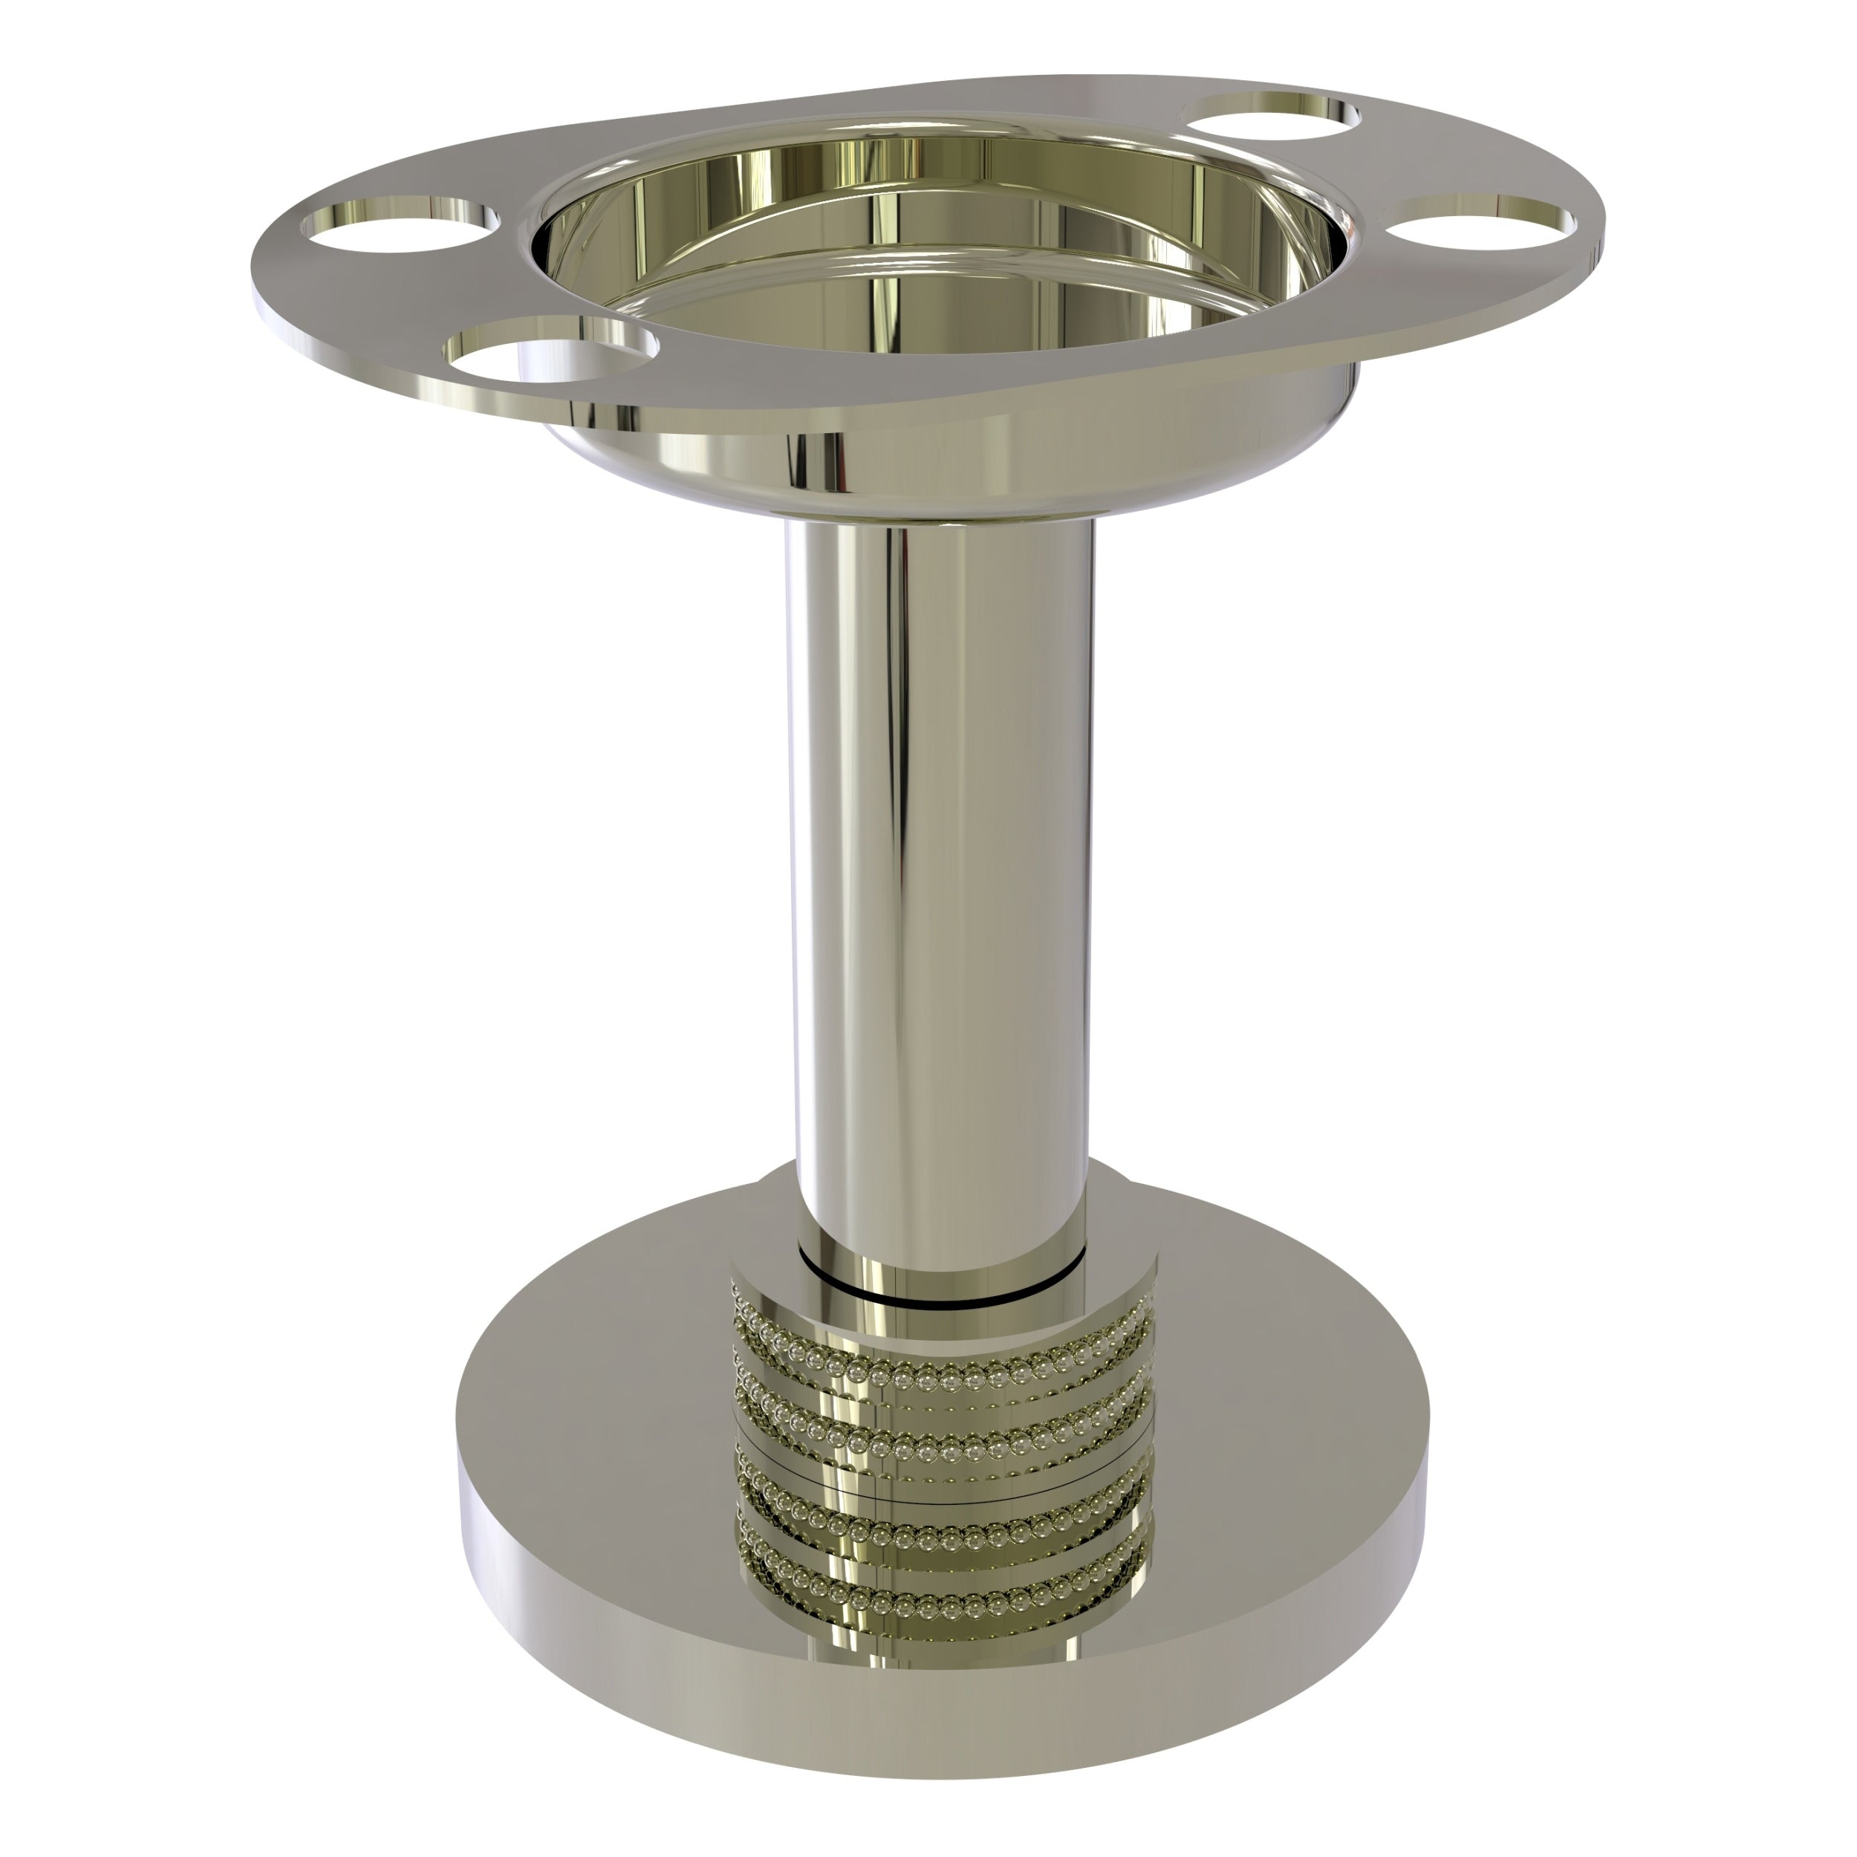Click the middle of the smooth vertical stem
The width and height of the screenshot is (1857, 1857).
[x=937, y=865]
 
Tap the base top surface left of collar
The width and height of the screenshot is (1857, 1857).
[x=596, y=1422]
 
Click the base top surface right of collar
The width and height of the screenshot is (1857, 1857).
[x=1288, y=1422]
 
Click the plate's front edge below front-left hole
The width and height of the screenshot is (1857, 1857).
[x=539, y=409]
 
